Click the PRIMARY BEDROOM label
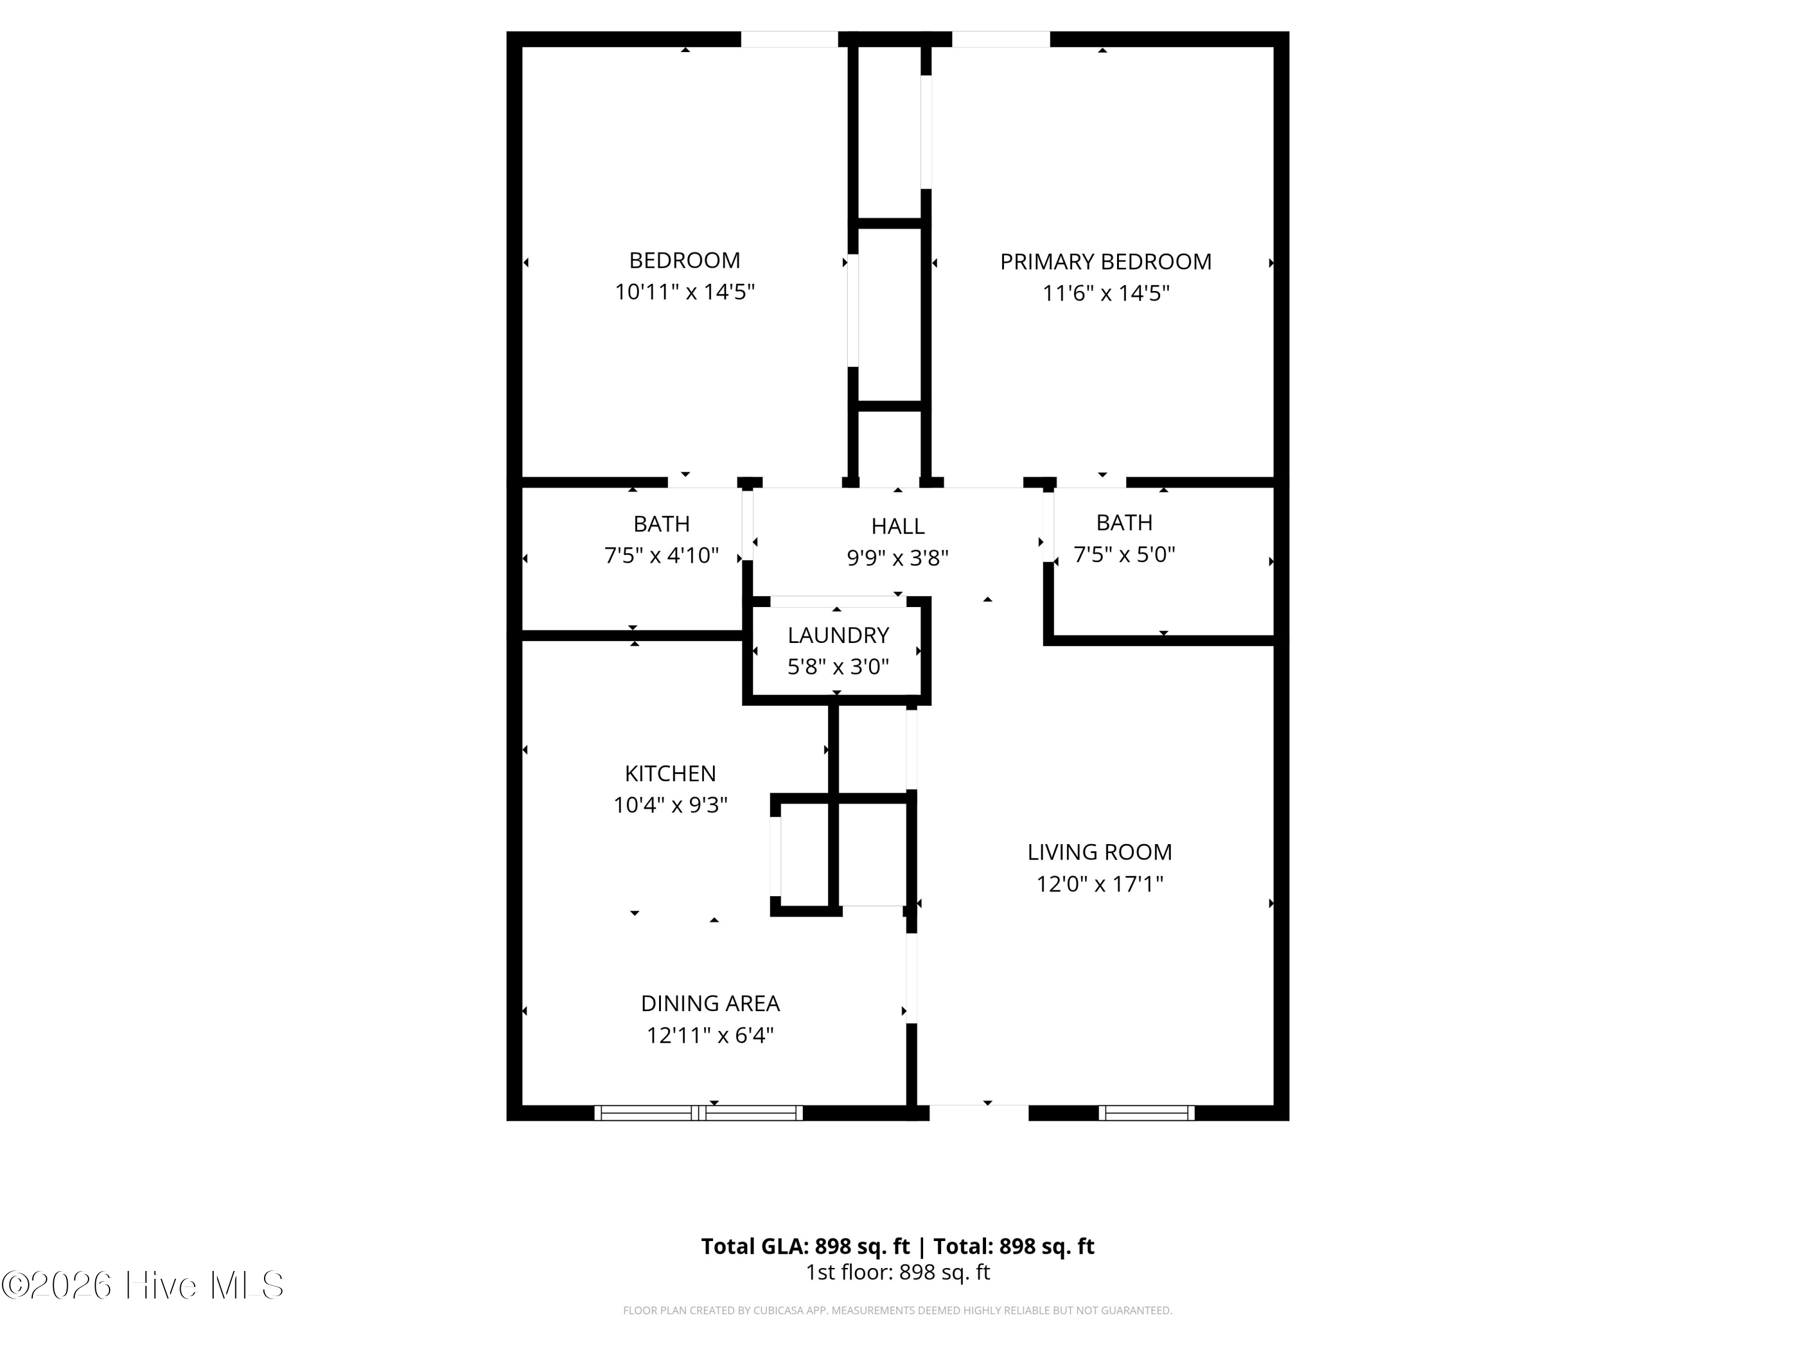1105,262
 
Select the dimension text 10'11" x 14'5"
684,292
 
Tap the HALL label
897,526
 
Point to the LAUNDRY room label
838,635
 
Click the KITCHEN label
670,773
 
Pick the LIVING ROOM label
1099,852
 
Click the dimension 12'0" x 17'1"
1099,884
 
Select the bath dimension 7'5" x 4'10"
661,556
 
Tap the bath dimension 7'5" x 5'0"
1124,554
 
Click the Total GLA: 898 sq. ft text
805,1246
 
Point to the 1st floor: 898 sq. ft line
897,1272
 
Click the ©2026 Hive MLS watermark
143,1285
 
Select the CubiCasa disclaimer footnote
897,1310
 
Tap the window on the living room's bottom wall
1146,1113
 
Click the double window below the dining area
698,1113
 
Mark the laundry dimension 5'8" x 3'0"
838,666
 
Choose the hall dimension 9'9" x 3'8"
897,558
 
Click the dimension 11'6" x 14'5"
1105,293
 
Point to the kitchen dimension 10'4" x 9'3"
670,805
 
